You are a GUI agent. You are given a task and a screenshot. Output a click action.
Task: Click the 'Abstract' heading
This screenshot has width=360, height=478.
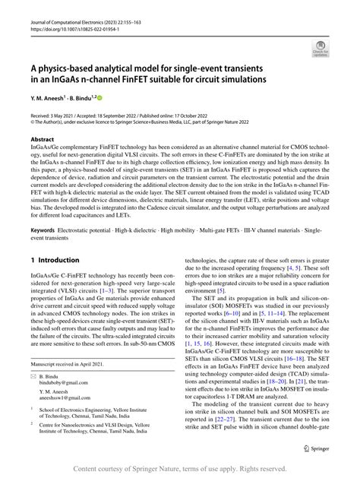(43, 141)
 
